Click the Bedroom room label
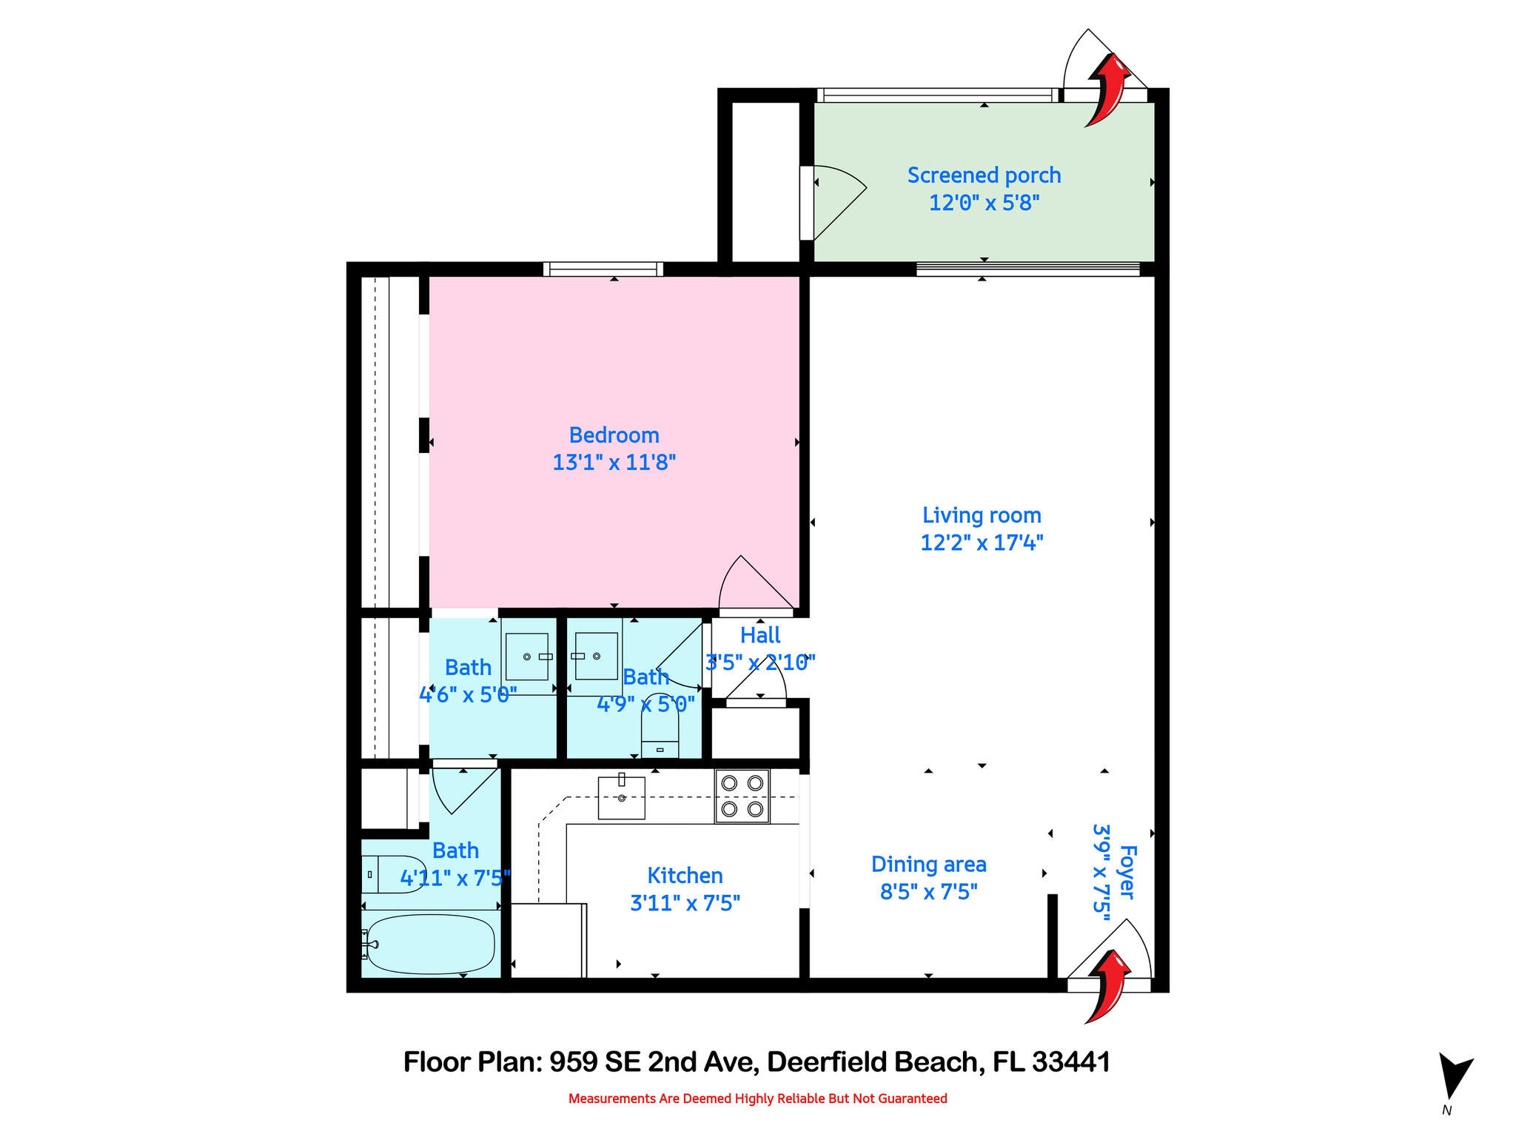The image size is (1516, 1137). (x=614, y=435)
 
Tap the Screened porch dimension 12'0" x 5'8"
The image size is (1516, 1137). (x=984, y=202)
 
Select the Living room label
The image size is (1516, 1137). (x=982, y=515)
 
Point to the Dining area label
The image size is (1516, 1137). (x=928, y=865)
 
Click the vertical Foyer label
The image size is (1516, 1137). (x=1126, y=872)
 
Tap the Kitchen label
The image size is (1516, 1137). (x=685, y=876)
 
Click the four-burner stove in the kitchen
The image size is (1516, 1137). (x=742, y=796)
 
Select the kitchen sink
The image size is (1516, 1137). (x=621, y=797)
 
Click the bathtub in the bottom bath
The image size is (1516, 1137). (x=430, y=945)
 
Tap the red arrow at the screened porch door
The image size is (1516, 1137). (x=1108, y=90)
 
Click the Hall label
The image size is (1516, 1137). (x=760, y=635)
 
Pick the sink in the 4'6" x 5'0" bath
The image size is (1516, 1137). (x=527, y=657)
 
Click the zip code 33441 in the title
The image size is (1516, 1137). (x=1070, y=1062)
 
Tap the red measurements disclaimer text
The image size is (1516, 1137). (x=757, y=1099)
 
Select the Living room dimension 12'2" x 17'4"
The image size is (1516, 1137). (x=982, y=543)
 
